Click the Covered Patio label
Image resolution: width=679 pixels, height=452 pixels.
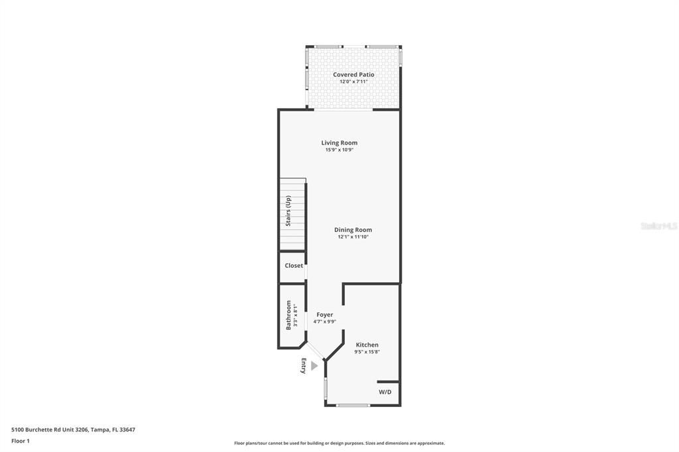[x=353, y=75]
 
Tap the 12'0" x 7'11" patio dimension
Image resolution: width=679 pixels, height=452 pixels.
[x=353, y=82]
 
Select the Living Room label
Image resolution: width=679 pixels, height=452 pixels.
[x=339, y=143]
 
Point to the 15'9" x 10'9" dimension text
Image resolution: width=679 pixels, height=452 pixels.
[x=339, y=150]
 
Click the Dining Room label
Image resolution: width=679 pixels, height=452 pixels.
[x=353, y=230]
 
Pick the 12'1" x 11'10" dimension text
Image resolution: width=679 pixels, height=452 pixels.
[x=353, y=237]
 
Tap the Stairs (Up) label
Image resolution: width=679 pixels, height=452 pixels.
[x=288, y=211]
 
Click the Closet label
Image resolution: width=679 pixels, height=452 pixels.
[x=294, y=266]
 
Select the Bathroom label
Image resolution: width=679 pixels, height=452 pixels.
[x=288, y=315]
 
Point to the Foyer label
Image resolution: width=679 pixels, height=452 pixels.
[x=324, y=315]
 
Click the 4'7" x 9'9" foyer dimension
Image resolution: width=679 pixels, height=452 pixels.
[x=324, y=322]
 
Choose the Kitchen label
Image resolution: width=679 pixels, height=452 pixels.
[x=367, y=345]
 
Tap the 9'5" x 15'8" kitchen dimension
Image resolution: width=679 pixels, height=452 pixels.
[x=367, y=352]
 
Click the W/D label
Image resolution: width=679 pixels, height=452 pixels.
[x=385, y=392]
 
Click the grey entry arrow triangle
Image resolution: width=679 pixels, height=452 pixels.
[x=314, y=365]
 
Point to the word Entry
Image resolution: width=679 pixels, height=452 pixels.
[x=304, y=366]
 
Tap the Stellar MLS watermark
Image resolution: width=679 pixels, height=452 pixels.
[x=658, y=226]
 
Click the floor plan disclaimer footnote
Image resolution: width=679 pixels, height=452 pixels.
[x=339, y=443]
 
